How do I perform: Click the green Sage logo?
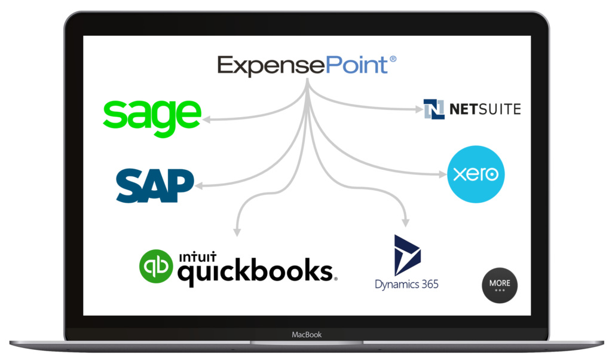tap(152, 117)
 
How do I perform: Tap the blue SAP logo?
tap(155, 185)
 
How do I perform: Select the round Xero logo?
tap(476, 175)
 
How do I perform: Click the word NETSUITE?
tap(485, 109)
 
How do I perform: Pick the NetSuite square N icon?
tap(434, 109)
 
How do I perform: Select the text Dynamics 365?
tap(406, 283)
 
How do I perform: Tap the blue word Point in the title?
tap(357, 65)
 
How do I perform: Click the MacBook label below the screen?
tap(307, 334)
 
